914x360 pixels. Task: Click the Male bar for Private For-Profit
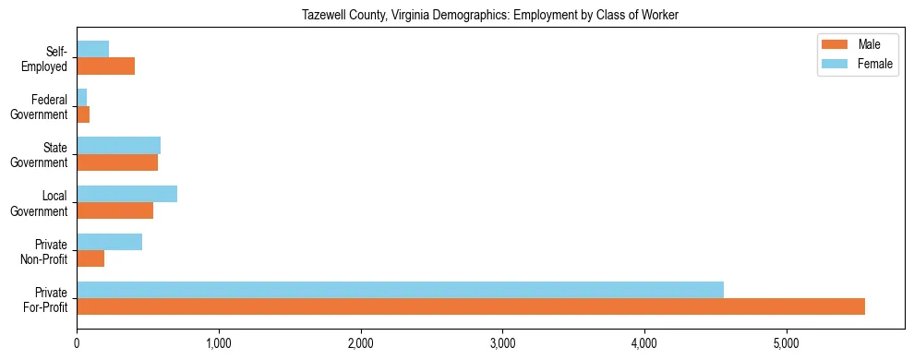471,306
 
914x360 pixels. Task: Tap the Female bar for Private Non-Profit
109,242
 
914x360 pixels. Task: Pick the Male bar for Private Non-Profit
90,258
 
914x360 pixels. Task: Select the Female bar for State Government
118,146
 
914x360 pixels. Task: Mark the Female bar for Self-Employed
92,49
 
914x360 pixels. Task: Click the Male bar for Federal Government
83,114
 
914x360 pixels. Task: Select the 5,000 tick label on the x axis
787,344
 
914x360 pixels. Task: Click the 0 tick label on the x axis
77,344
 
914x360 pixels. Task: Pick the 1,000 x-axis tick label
219,344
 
